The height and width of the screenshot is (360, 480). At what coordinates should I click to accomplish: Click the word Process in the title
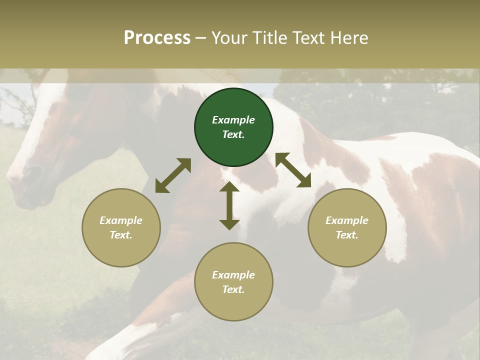point(157,38)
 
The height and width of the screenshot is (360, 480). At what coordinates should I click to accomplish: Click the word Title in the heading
point(269,38)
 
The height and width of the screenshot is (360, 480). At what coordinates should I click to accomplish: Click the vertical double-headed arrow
point(229,205)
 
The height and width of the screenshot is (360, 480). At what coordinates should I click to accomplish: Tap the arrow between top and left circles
point(173,175)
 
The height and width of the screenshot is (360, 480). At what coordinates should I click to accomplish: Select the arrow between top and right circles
point(293,170)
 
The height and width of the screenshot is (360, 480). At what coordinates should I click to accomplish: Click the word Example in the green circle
point(233,120)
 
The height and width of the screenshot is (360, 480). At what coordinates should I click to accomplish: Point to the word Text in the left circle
point(121,235)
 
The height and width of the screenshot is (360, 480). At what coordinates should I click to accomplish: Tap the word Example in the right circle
point(347,220)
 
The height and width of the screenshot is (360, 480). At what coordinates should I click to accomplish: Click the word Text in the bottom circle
point(233,289)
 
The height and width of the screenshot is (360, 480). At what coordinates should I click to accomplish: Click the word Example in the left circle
point(121,220)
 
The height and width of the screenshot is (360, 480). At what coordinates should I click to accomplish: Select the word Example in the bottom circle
point(233,275)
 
